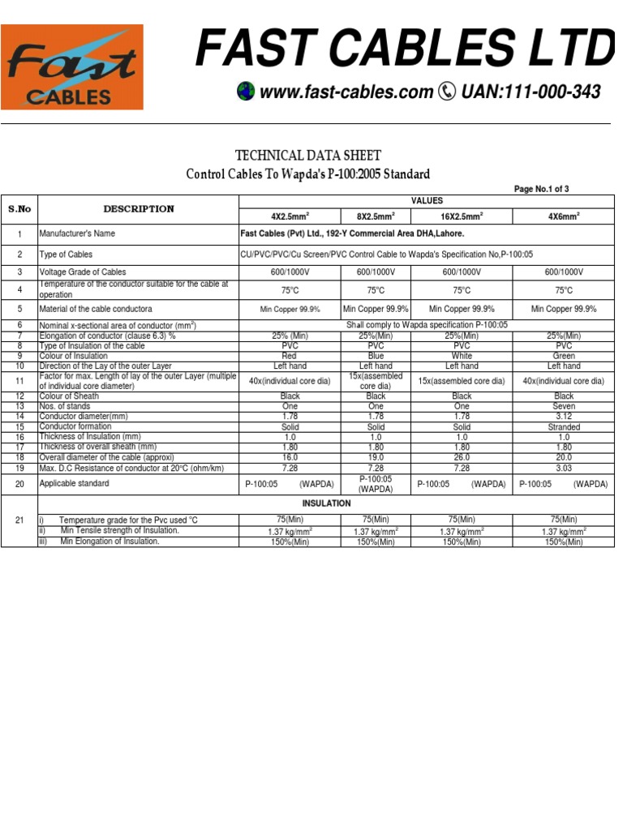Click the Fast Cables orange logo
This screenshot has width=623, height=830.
click(71, 66)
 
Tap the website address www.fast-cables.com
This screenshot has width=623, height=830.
click(346, 92)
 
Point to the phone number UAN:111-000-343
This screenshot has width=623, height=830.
click(531, 92)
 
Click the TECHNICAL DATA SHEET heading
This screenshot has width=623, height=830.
click(307, 156)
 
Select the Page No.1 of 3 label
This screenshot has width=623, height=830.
click(541, 189)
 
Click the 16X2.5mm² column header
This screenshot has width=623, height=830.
click(462, 216)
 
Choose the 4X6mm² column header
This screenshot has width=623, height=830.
click(563, 216)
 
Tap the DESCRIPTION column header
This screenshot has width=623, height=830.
click(139, 209)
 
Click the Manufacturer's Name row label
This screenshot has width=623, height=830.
click(78, 233)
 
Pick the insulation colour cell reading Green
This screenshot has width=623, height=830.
click(563, 356)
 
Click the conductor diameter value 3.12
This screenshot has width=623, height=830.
click(563, 417)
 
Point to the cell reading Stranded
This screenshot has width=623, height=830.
click(563, 427)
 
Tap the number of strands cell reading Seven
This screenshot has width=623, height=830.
click(563, 407)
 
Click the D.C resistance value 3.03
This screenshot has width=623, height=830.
click(563, 468)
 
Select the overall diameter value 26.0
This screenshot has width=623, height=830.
click(462, 457)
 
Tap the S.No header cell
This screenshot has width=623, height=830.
click(19, 209)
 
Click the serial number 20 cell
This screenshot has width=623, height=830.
click(19, 484)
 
